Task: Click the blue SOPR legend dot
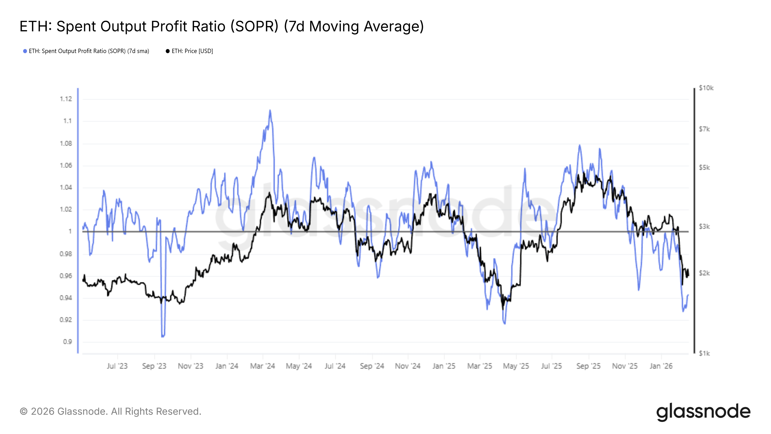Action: (25, 51)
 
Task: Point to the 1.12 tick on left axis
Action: (66, 99)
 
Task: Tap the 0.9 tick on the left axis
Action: (67, 342)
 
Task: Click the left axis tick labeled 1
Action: (70, 231)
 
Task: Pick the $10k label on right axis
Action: (706, 88)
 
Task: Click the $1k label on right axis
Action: (704, 354)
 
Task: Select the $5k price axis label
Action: (704, 167)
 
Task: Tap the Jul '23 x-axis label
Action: (117, 366)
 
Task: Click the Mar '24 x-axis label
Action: (262, 366)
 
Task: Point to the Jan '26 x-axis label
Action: (661, 366)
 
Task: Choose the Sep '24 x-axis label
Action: (372, 366)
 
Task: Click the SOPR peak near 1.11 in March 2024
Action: (270, 110)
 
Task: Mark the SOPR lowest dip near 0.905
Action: (163, 336)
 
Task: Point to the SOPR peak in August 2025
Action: (579, 146)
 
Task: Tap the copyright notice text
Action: (110, 412)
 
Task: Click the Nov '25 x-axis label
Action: (625, 366)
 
